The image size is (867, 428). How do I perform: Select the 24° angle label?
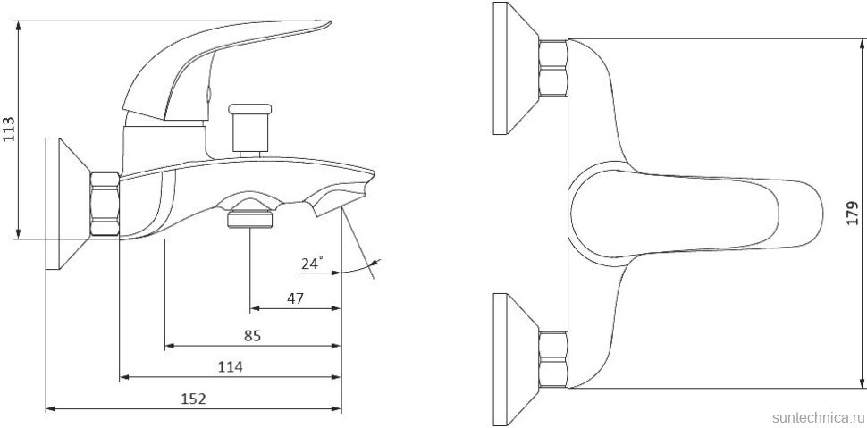[x=312, y=264]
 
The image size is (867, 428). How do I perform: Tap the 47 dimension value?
[x=294, y=298]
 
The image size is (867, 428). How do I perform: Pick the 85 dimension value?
[x=252, y=335]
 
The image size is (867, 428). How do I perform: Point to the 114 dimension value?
[x=230, y=366]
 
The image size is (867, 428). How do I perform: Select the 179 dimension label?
[x=853, y=214]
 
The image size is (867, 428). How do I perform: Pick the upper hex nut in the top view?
[x=553, y=70]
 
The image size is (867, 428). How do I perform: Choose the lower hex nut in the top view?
[x=553, y=359]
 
